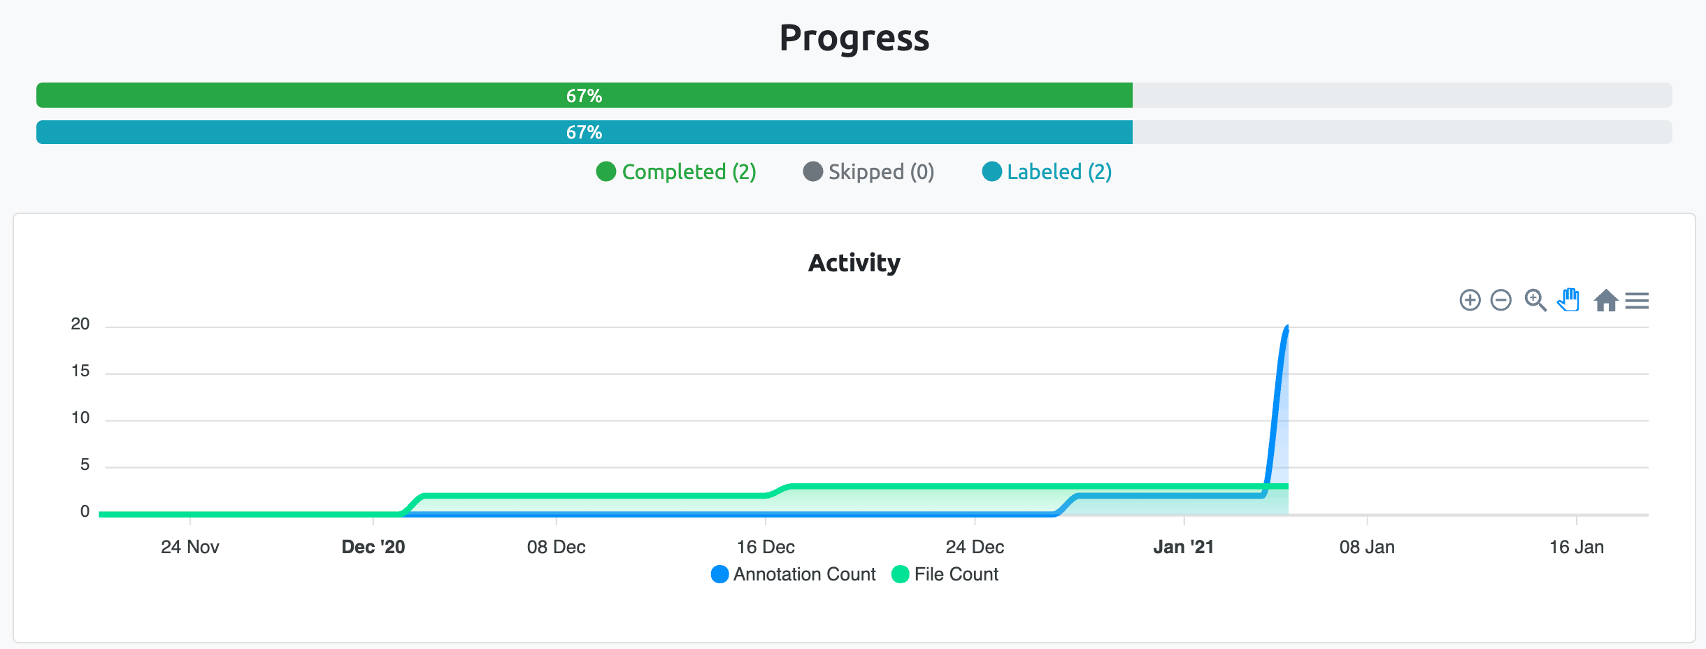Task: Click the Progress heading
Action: (x=854, y=38)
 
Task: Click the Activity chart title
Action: (x=854, y=263)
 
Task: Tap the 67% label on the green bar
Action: (x=584, y=96)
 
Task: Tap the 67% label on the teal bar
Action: (x=584, y=132)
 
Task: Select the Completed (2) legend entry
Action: (x=676, y=172)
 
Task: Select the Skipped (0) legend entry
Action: (x=869, y=172)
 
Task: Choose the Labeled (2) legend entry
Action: (x=1047, y=172)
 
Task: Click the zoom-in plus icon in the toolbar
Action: (x=1470, y=300)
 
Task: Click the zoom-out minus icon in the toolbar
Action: (x=1500, y=300)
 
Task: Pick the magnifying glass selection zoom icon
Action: (x=1535, y=300)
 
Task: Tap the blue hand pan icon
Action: (x=1568, y=300)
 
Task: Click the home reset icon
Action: (x=1605, y=300)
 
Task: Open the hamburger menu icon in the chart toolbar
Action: (x=1637, y=301)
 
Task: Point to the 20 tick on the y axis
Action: (x=80, y=324)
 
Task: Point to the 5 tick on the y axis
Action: (x=85, y=465)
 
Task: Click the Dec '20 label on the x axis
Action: (x=373, y=547)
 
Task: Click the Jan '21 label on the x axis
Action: (x=1183, y=547)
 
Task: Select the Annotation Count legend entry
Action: (x=794, y=574)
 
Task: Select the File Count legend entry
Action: (x=946, y=574)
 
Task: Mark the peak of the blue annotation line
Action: (x=1287, y=327)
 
